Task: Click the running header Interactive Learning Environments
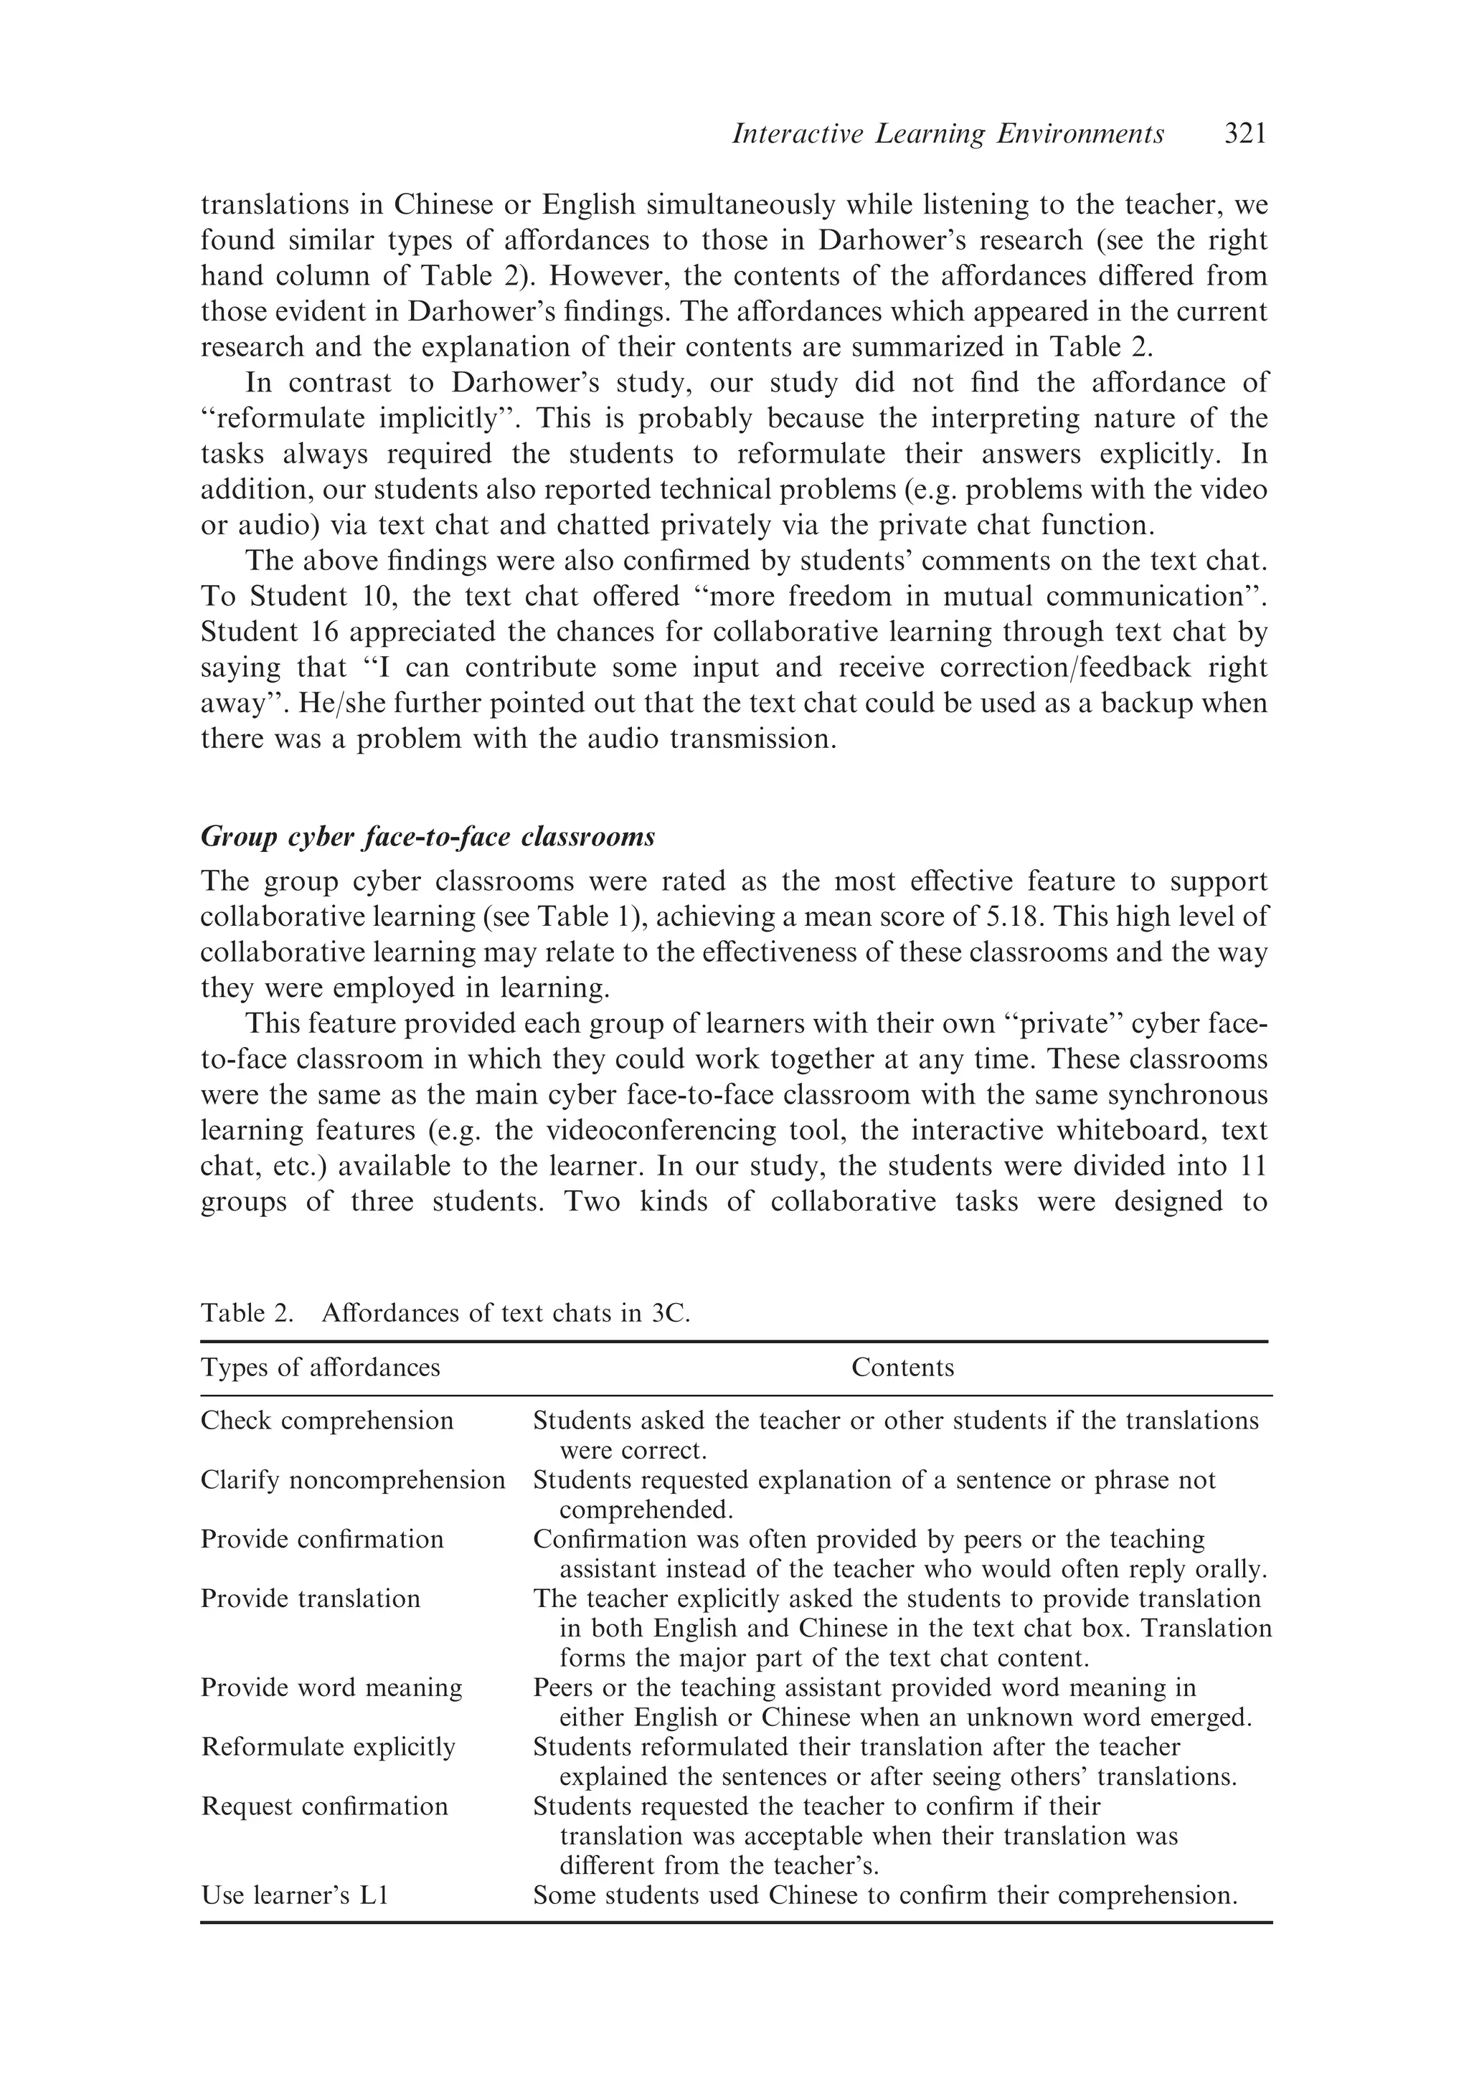coord(948,135)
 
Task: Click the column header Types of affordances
coord(320,1367)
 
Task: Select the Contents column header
coord(902,1367)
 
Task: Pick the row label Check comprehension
coord(326,1420)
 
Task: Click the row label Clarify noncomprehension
coord(352,1479)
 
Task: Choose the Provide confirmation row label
coord(322,1538)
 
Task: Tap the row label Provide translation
coord(310,1598)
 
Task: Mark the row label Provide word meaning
coord(331,1687)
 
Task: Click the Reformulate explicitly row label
coord(328,1746)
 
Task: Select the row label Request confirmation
coord(324,1806)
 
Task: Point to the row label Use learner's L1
coord(295,1895)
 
